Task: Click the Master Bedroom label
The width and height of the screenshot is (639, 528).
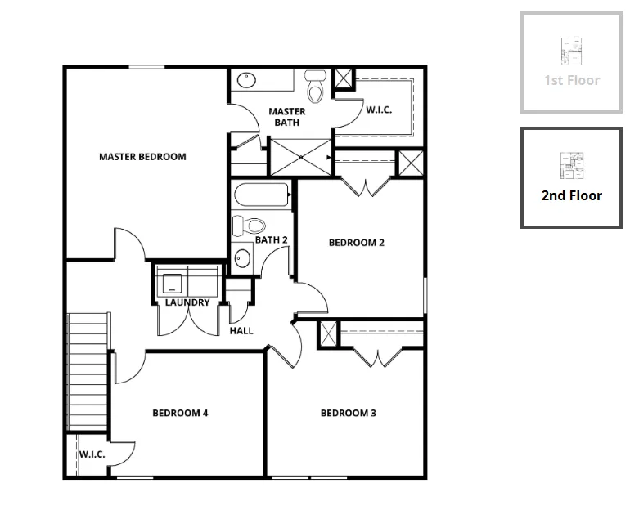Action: click(x=142, y=157)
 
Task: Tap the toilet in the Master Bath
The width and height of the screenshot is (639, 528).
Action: click(x=316, y=86)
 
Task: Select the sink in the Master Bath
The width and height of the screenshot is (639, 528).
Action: click(x=246, y=80)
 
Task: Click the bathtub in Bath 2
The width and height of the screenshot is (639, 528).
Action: click(x=262, y=195)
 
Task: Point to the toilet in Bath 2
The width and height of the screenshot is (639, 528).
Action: click(x=249, y=226)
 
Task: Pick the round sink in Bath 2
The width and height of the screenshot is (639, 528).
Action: click(x=242, y=258)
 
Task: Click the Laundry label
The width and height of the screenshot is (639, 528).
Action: click(x=187, y=302)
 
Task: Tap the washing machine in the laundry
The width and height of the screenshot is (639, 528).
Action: click(x=172, y=282)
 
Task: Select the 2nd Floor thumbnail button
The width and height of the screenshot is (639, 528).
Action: click(x=571, y=178)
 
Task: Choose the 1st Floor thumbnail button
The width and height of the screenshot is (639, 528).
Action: click(x=571, y=62)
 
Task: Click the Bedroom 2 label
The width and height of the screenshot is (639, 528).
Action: click(x=357, y=243)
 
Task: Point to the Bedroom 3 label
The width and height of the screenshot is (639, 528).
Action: click(x=349, y=414)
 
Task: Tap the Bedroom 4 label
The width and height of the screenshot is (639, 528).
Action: click(x=180, y=414)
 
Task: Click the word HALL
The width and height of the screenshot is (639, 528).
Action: click(x=241, y=331)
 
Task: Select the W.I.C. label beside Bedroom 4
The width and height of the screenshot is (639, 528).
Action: click(x=92, y=454)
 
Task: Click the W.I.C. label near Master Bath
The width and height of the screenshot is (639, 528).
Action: click(x=379, y=110)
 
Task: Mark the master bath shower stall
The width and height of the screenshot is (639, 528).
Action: click(x=301, y=157)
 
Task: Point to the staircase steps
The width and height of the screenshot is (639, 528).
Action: click(x=88, y=371)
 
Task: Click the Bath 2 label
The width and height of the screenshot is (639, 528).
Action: click(x=272, y=240)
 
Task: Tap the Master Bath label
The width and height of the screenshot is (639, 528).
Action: click(x=287, y=117)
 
